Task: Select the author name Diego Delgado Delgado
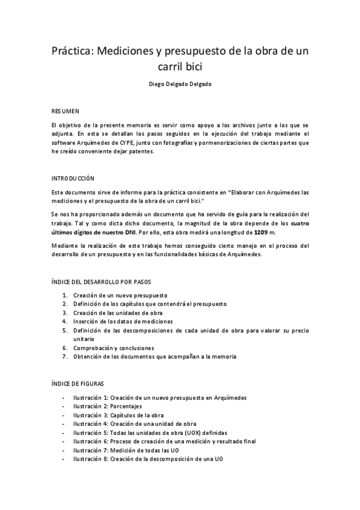(180, 84)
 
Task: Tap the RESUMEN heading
(65, 111)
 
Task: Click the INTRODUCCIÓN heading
(73, 179)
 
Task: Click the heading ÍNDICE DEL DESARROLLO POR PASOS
(101, 281)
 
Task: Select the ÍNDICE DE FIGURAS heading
(79, 383)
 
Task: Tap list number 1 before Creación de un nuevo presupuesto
(65, 295)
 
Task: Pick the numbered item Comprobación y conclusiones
(114, 348)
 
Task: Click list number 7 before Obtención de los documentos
(65, 356)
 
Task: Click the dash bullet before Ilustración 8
(64, 459)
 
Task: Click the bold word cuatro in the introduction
(297, 223)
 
